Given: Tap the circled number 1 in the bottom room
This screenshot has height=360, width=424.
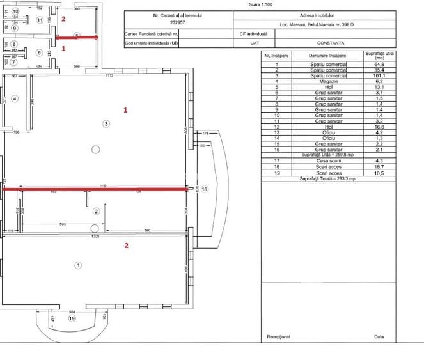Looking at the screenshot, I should (79, 265).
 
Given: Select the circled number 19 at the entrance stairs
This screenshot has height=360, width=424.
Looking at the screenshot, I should (72, 318).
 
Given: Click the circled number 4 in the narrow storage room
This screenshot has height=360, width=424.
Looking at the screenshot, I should (15, 98).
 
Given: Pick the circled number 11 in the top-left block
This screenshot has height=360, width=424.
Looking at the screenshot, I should (40, 20).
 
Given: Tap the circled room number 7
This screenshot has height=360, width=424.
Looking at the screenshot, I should (13, 62).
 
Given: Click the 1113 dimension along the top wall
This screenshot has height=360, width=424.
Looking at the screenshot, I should (109, 75).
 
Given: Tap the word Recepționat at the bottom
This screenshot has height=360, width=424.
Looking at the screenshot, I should (279, 336).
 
